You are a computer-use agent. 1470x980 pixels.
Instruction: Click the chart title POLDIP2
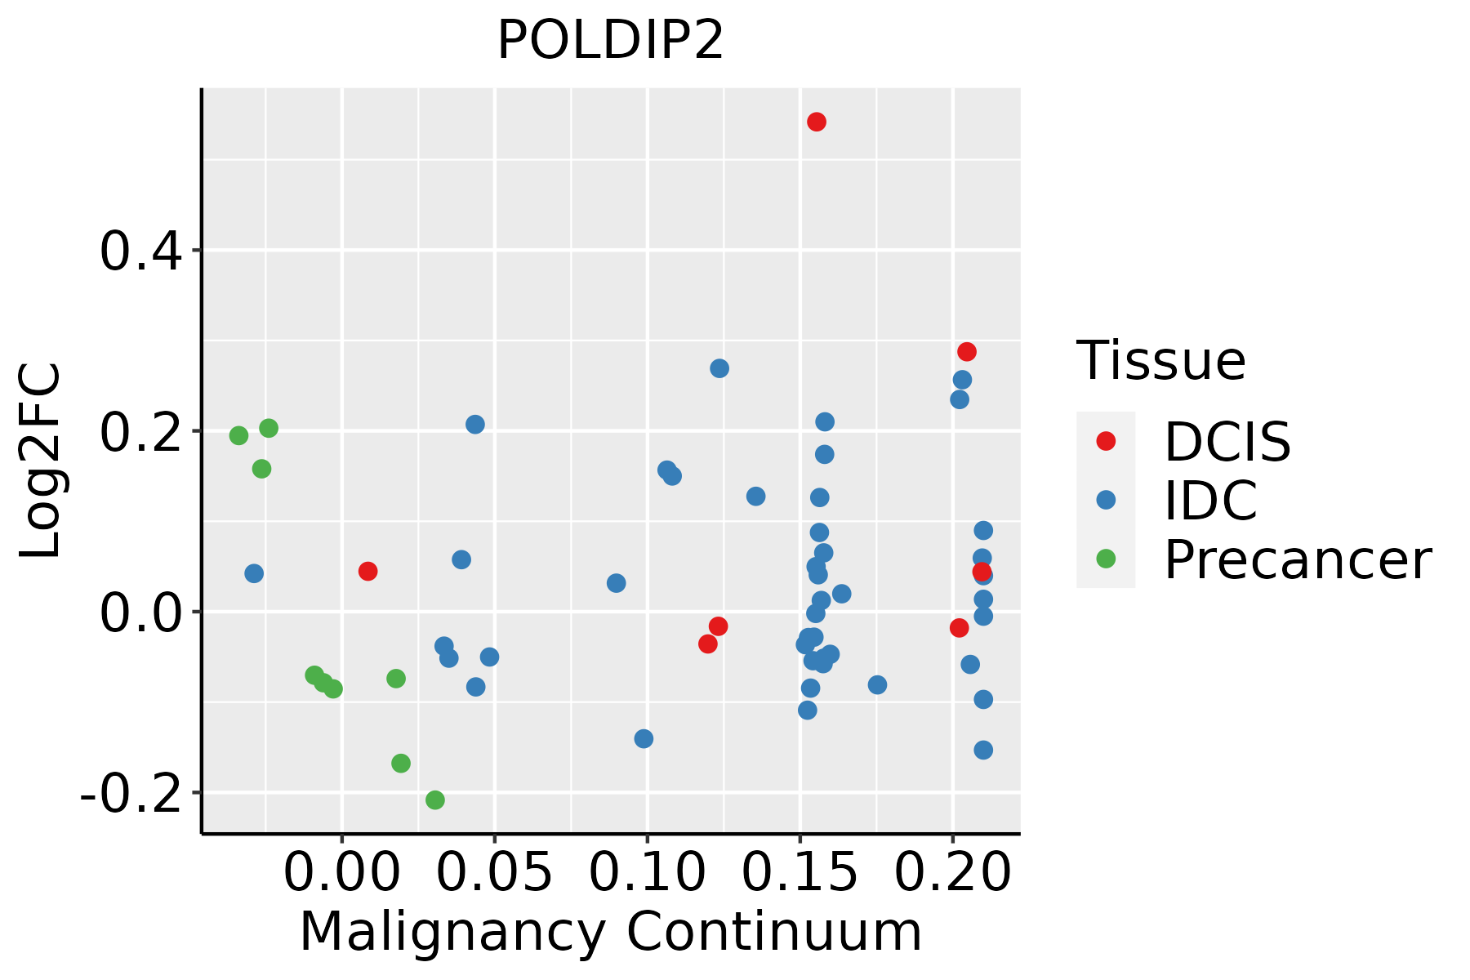pyautogui.click(x=610, y=41)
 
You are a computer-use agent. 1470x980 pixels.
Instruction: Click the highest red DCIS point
pyautogui.click(x=817, y=122)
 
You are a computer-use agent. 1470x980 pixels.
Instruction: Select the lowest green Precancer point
pyautogui.click(x=435, y=800)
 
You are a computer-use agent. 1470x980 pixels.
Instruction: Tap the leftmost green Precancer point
pyautogui.click(x=238, y=435)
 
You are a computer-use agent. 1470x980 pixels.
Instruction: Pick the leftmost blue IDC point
pyautogui.click(x=254, y=573)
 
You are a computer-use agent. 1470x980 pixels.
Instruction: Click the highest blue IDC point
pyautogui.click(x=719, y=368)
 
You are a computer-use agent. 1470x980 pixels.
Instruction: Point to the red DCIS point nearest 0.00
pyautogui.click(x=367, y=571)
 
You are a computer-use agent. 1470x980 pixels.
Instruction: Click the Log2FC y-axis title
pyautogui.click(x=41, y=461)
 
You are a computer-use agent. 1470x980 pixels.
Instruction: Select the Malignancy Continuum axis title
pyautogui.click(x=610, y=932)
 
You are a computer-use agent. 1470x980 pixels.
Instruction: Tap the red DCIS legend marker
pyautogui.click(x=1106, y=441)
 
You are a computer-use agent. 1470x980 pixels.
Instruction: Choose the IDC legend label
pyautogui.click(x=1210, y=501)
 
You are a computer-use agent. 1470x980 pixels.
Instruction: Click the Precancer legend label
pyautogui.click(x=1297, y=560)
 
